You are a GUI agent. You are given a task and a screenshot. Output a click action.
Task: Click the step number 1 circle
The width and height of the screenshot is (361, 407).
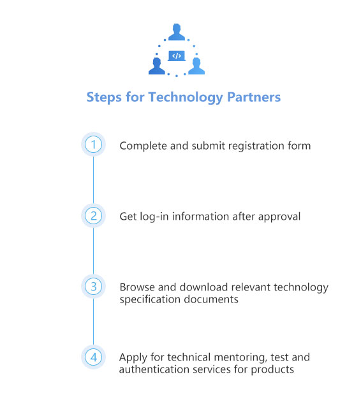(93, 145)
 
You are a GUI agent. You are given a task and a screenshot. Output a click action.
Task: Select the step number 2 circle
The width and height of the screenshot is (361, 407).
(93, 216)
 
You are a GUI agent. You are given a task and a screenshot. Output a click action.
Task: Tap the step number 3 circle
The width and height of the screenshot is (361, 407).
(93, 287)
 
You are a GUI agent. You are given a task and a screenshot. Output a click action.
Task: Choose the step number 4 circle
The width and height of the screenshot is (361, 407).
(93, 357)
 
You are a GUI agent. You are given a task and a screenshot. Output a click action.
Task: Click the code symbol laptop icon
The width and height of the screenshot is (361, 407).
(177, 56)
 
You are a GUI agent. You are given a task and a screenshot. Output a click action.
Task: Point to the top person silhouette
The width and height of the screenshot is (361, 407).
(177, 32)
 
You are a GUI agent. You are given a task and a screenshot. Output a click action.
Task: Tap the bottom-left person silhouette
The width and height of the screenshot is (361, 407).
(157, 66)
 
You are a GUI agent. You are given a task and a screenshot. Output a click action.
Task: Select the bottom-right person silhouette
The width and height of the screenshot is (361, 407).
(196, 66)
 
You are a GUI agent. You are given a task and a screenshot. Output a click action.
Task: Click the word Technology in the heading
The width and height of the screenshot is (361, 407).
(186, 97)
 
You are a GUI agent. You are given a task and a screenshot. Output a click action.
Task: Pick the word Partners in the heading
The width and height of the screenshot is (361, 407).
(254, 97)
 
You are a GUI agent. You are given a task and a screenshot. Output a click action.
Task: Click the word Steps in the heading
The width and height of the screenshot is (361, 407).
(104, 97)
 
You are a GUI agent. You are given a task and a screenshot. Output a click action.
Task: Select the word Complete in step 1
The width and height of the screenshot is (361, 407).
(144, 146)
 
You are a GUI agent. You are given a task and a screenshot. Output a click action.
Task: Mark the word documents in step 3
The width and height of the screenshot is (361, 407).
(211, 299)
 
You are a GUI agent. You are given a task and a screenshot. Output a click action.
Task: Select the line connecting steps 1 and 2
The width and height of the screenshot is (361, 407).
(93, 180)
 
